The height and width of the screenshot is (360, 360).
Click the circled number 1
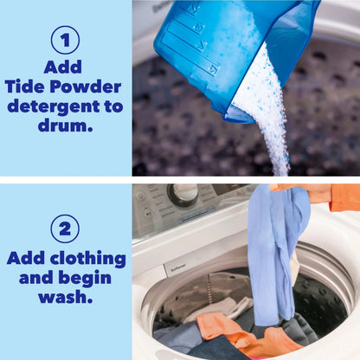[x=65, y=39]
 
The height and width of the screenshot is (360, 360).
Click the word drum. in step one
[x=65, y=125]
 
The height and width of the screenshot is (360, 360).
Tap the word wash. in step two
[x=65, y=299]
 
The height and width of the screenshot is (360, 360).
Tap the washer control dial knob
[x=183, y=194]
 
